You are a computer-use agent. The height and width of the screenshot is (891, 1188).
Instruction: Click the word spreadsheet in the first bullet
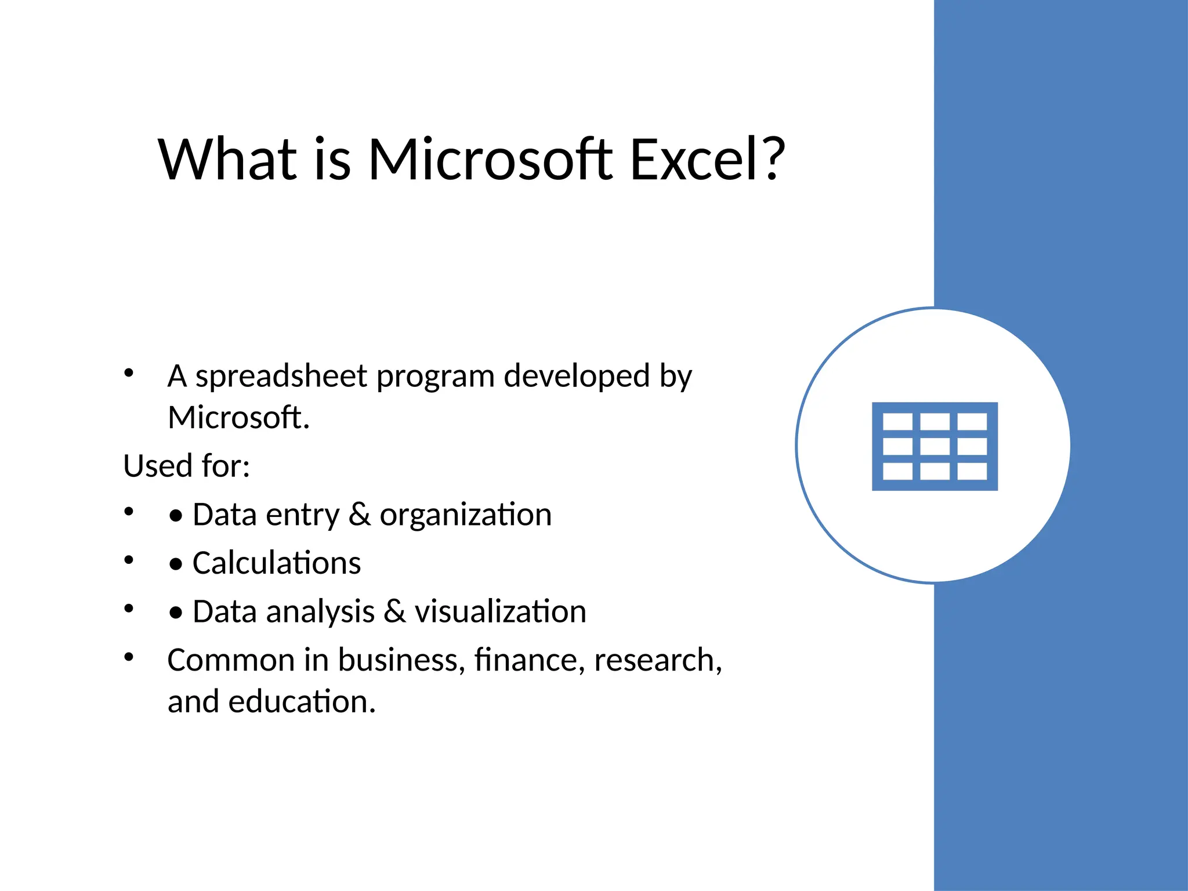click(281, 377)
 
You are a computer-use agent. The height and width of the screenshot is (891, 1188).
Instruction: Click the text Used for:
click(186, 466)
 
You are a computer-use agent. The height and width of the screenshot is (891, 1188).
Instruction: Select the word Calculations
click(277, 563)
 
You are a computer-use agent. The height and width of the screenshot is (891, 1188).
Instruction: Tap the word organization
click(465, 515)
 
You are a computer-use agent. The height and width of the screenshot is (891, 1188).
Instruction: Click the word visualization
click(500, 612)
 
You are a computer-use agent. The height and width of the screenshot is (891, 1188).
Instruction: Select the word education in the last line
click(302, 702)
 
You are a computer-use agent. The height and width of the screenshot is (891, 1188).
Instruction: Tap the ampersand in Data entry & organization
click(360, 515)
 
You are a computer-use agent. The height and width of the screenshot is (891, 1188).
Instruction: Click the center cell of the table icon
click(935, 446)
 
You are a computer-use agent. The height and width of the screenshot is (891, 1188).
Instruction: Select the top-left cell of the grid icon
click(897, 422)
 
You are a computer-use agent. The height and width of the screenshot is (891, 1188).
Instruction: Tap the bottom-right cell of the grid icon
click(972, 471)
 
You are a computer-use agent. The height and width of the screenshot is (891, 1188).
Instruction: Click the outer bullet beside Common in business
click(129, 657)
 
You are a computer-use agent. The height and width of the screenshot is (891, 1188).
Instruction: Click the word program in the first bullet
click(435, 377)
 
